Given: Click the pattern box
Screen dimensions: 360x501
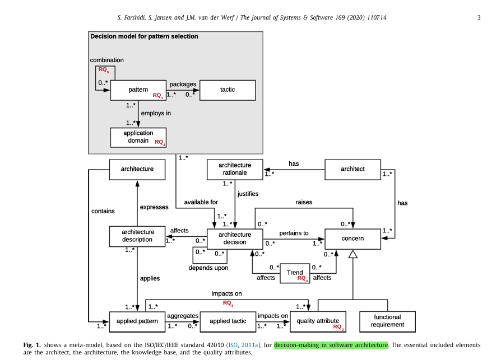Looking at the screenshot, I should [x=138, y=90].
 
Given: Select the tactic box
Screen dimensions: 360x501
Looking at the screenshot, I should [x=228, y=90].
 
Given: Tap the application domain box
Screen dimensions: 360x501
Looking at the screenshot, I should [x=138, y=137].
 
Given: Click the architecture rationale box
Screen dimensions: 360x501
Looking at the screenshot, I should [x=235, y=169].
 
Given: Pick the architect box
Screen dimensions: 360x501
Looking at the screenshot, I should [x=352, y=169].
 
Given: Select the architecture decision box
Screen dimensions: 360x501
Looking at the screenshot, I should [x=235, y=239].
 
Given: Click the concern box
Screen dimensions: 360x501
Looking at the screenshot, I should [x=352, y=239].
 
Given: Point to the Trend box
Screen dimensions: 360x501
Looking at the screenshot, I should [x=295, y=273].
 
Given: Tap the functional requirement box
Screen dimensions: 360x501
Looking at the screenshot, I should [x=387, y=321].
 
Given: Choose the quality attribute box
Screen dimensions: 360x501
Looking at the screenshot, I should [x=318, y=321].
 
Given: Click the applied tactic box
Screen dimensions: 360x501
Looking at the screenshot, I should [x=228, y=321].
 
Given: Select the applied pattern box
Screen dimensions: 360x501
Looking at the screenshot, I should [x=137, y=321].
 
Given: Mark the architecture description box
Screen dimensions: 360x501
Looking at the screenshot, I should [x=137, y=236].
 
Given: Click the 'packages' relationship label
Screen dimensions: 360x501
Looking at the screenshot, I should [x=183, y=84].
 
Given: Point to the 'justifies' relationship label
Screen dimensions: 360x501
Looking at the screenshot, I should [x=248, y=194].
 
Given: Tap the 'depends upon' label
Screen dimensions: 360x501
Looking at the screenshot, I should [x=208, y=268].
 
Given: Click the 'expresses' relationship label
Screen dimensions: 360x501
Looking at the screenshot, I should [x=154, y=207].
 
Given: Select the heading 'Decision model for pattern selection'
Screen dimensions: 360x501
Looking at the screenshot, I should [x=144, y=36].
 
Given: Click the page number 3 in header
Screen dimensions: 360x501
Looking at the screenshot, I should [x=479, y=17].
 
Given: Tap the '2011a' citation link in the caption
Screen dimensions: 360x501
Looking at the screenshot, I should [x=249, y=345].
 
